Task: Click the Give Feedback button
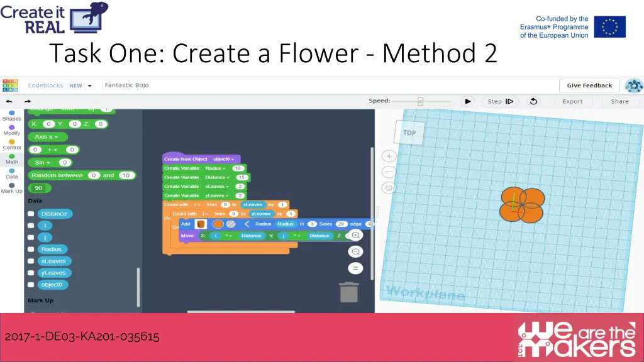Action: click(589, 85)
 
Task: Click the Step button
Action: click(501, 101)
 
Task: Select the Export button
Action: click(572, 101)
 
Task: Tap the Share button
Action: click(619, 101)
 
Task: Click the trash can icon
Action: click(348, 292)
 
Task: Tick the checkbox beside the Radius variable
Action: click(31, 250)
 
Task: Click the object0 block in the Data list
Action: click(52, 285)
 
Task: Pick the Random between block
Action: click(57, 175)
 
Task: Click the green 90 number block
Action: click(39, 188)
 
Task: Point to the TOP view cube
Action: click(409, 133)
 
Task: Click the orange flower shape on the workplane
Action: click(522, 205)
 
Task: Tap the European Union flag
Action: click(609, 27)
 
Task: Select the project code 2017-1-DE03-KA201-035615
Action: click(82, 337)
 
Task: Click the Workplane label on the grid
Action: click(425, 293)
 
